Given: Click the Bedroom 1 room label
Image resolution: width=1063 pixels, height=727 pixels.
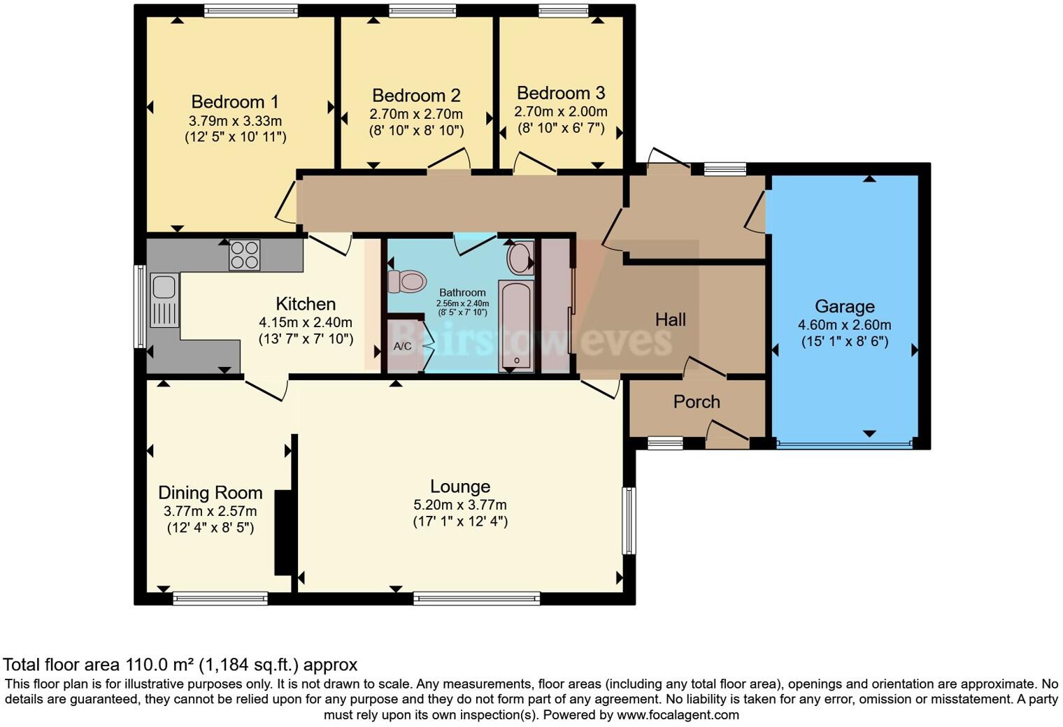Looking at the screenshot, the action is point(235,102).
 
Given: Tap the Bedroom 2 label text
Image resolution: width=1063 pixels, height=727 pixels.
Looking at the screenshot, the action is point(416,96).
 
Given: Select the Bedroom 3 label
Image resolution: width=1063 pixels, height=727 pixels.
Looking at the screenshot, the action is point(561,94).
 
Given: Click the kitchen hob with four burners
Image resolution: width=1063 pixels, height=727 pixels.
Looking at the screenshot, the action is point(244,254).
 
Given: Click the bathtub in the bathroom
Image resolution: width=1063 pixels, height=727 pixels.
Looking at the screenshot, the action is point(516,326).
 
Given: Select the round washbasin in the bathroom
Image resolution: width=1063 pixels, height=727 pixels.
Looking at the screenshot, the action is point(520,257).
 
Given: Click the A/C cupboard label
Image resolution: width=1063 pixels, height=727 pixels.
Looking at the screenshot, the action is point(402,346).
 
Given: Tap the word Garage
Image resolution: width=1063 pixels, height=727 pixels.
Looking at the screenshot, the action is point(845,307).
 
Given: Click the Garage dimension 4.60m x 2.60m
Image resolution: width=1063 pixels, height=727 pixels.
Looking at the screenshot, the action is point(845,325).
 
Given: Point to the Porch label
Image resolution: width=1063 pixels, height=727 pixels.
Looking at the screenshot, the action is point(697,402).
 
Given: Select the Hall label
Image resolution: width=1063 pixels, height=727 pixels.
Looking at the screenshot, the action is point(671,319).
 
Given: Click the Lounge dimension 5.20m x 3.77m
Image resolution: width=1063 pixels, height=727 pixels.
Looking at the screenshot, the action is point(460,505).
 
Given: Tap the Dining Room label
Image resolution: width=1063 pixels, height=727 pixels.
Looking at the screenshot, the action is point(211,493).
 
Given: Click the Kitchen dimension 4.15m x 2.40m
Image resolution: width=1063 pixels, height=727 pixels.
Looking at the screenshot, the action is point(306,323).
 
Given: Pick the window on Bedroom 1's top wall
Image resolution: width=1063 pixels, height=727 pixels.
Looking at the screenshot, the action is point(251,11).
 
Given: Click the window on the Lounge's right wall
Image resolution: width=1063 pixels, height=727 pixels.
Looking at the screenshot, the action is point(629,521).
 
